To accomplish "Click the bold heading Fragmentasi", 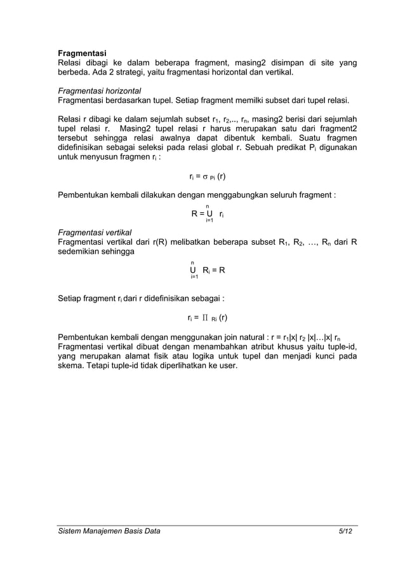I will [82, 53].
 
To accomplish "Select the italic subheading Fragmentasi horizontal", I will [99, 91].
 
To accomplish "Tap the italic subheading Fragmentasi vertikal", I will [94, 233].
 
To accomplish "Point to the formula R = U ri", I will [207, 214].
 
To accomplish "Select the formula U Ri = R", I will [207, 270].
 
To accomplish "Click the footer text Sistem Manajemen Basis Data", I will [109, 531].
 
